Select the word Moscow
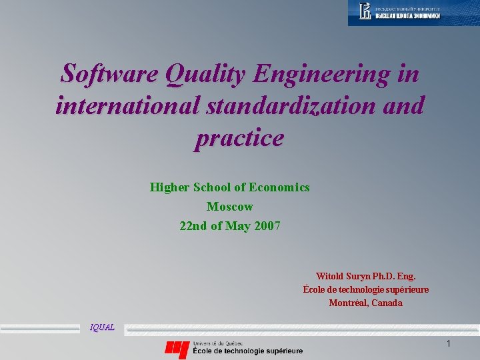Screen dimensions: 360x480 (x=230, y=207)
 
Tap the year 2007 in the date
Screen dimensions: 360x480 (x=267, y=226)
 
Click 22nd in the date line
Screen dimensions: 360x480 (x=194, y=226)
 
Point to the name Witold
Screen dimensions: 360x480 (x=329, y=276)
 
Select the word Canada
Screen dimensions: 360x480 (x=387, y=303)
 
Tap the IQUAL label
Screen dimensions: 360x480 (x=102, y=327)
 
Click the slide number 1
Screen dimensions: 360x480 (x=449, y=343)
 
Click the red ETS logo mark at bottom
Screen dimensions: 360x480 (x=177, y=347)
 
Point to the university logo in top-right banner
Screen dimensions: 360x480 (x=365, y=11)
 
